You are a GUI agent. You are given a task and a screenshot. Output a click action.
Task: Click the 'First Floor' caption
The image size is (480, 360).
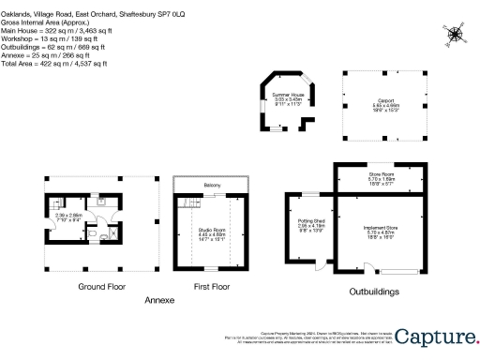click(x=212, y=287)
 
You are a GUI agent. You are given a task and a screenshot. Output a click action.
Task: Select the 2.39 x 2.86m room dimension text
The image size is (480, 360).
click(x=68, y=217)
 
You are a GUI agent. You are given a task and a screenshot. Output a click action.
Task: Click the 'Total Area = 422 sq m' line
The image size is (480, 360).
click(x=54, y=64)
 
